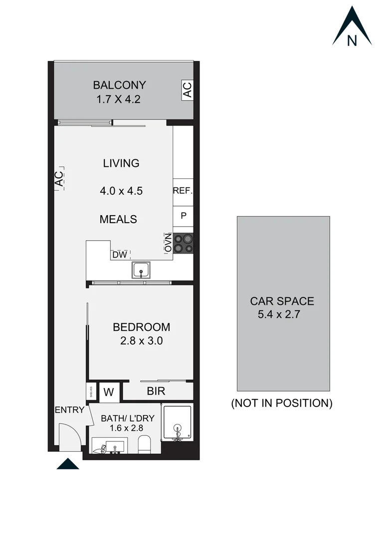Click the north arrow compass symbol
point(352,28)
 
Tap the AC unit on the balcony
point(187,90)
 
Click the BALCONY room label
point(120,85)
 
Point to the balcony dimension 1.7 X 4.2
point(118,99)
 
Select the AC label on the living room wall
point(59,178)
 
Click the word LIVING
point(121,163)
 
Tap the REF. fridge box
point(183,191)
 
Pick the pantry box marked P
point(183,216)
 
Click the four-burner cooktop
point(183,243)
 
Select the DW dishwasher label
point(119,255)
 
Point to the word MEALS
point(118,219)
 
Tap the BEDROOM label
point(142,327)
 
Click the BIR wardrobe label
point(156,391)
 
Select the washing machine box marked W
point(108,392)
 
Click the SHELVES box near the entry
point(91,391)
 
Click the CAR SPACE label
point(282,301)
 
